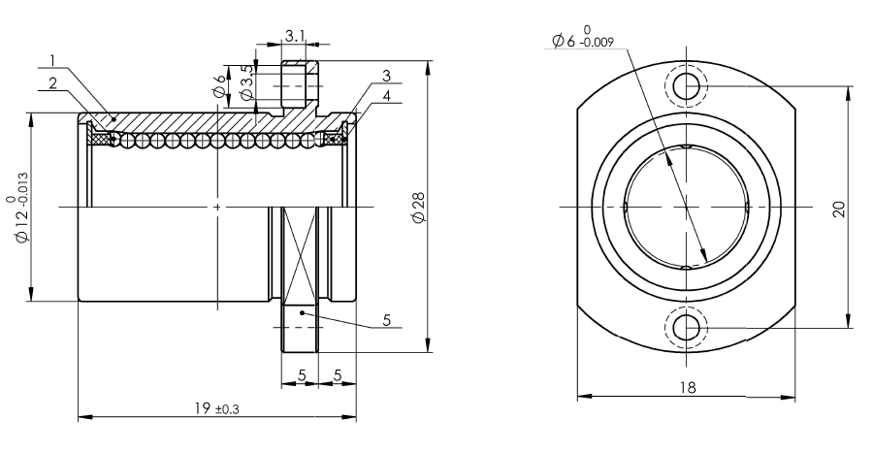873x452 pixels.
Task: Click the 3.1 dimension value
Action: tap(295, 37)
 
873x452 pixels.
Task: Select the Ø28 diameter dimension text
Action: tap(419, 208)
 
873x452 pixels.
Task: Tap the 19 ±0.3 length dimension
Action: tap(216, 408)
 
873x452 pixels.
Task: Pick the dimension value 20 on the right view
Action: tap(839, 209)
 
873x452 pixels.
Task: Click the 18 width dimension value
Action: tap(688, 387)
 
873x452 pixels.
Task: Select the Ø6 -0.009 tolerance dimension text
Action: tap(583, 36)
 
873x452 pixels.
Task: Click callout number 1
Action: tap(52, 60)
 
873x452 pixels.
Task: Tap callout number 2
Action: tap(53, 83)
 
